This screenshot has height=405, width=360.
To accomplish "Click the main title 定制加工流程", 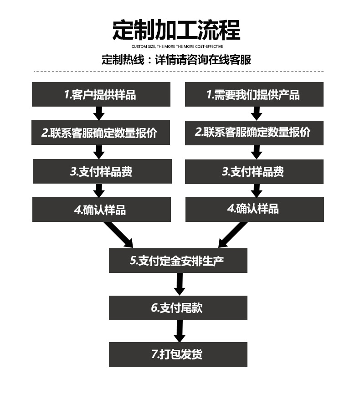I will pyautogui.click(x=176, y=30).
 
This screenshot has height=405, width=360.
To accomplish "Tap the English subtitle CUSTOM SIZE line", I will pyautogui.click(x=177, y=47).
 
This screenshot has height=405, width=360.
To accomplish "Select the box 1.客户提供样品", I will pyautogui.click(x=101, y=94).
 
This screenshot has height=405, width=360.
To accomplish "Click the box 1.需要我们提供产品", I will pyautogui.click(x=254, y=94).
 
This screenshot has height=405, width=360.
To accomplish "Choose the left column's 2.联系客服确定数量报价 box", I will pyautogui.click(x=101, y=133).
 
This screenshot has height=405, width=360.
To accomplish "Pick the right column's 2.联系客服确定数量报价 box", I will pyautogui.click(x=254, y=133).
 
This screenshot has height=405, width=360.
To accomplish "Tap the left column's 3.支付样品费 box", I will pyautogui.click(x=102, y=171).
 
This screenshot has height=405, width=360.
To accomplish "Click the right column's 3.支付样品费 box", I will pyautogui.click(x=254, y=171).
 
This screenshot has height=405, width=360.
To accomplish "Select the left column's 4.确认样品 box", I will pyautogui.click(x=101, y=210).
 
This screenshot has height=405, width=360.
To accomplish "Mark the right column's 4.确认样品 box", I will pyautogui.click(x=254, y=209).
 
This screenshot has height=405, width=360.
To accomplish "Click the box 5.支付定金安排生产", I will pyautogui.click(x=178, y=261).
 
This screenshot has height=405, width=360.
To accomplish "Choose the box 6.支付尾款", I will pyautogui.click(x=178, y=308).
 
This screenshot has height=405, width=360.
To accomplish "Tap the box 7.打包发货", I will pyautogui.click(x=178, y=354).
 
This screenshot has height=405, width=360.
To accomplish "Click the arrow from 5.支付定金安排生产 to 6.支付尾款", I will pyautogui.click(x=180, y=284).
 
